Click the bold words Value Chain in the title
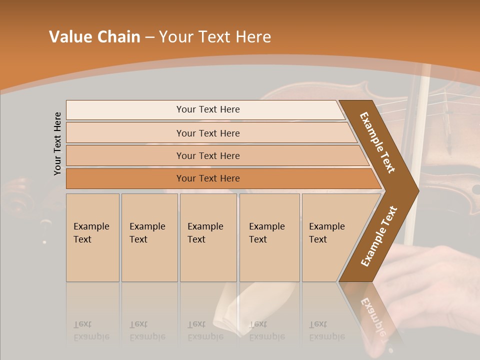[94, 37]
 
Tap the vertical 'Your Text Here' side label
[57, 143]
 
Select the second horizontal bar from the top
[208, 133]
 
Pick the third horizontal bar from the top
[208, 155]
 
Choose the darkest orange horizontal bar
[208, 178]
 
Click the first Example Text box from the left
[92, 237]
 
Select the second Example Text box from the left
[149, 237]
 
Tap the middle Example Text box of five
[208, 237]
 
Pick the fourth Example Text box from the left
[269, 237]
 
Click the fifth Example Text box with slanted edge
[327, 237]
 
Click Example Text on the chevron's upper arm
[377, 142]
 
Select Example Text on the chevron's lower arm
[378, 236]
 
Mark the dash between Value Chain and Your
[149, 37]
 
